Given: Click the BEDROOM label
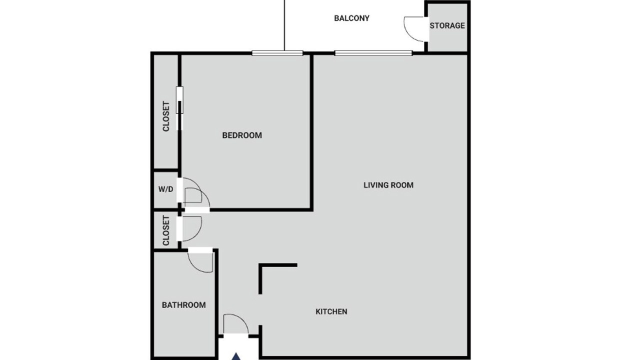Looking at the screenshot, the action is pos(242,135).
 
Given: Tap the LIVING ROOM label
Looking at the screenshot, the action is pos(388,185).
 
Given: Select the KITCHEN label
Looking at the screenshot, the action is pos(331,311).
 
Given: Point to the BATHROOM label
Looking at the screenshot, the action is pos(183,305).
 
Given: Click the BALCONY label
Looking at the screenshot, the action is pos(351,18).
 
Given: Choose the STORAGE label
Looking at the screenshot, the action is pos(447,25).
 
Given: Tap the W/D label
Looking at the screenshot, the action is pos(165,189).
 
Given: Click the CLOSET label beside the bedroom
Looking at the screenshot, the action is pos(166,116).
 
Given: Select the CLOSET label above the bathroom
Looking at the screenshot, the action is pos(166,230).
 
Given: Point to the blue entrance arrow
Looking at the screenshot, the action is pos(236,356).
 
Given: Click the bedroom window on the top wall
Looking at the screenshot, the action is pos(277,53).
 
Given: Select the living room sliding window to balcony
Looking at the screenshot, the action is pos(373,53).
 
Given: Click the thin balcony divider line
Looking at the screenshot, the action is pos(284,25).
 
